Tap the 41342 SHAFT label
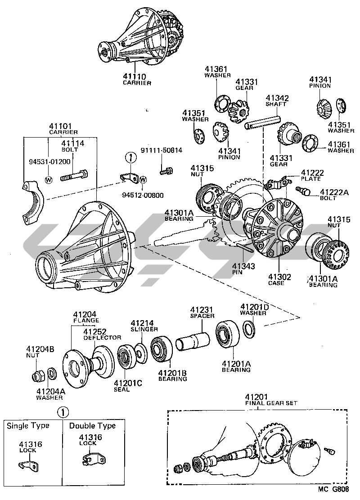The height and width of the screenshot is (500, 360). (x=277, y=101)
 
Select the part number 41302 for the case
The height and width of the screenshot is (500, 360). (x=280, y=277)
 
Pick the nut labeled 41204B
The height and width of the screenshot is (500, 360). (x=37, y=374)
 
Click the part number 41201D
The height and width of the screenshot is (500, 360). (x=254, y=307)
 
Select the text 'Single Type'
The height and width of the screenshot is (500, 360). (x=28, y=425)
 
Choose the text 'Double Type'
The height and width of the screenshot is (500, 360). (x=92, y=425)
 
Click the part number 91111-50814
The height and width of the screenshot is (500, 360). (x=162, y=150)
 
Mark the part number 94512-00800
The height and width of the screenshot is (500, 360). (x=143, y=195)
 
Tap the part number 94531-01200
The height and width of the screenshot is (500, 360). (x=46, y=161)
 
